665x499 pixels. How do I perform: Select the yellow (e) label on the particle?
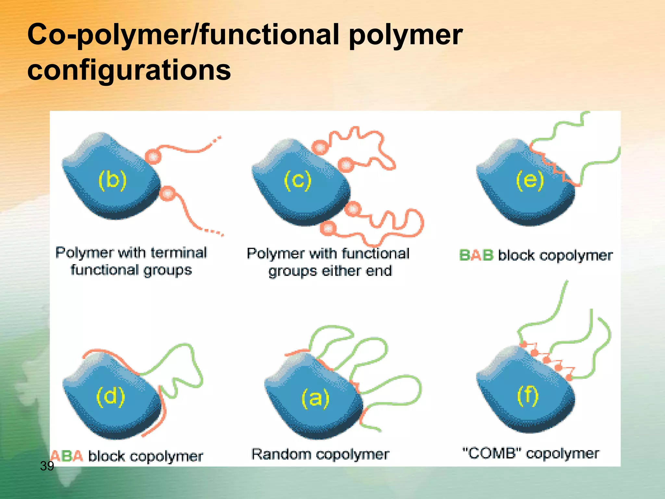pyautogui.click(x=530, y=180)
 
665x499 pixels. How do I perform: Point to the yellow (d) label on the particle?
pyautogui.click(x=111, y=397)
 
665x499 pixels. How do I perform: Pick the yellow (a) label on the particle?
pyautogui.click(x=315, y=398)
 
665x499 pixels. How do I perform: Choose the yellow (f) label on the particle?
pyautogui.click(x=528, y=396)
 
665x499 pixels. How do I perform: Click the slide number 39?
pyautogui.click(x=47, y=466)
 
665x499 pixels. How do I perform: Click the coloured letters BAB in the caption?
pyautogui.click(x=476, y=255)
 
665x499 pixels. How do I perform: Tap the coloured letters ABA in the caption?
pyautogui.click(x=67, y=456)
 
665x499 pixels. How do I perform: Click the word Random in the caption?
pyautogui.click(x=281, y=454)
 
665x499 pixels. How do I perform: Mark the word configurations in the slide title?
pyautogui.click(x=129, y=70)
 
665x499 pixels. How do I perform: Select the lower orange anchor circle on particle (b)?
pyautogui.click(x=168, y=194)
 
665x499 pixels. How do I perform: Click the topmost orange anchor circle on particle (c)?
pyautogui.click(x=320, y=147)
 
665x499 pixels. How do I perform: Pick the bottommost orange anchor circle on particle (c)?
pyautogui.click(x=328, y=228)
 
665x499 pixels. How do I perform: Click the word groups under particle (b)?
pyautogui.click(x=168, y=270)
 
